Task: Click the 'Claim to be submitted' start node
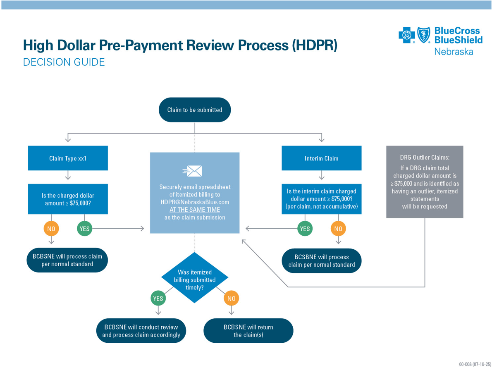tap(195, 110)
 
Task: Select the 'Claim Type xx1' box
tap(68, 158)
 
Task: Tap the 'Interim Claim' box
tap(321, 158)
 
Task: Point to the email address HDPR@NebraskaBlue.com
tap(195, 202)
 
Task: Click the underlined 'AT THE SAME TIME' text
tap(195, 210)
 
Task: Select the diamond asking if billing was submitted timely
tap(194, 277)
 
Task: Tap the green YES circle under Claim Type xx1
tap(84, 228)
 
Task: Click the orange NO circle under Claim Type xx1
tap(51, 228)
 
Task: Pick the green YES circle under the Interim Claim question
tap(305, 228)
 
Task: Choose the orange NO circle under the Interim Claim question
tap(338, 228)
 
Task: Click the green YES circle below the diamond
tap(158, 298)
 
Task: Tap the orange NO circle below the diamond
tap(231, 298)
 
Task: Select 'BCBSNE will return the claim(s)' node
tap(248, 330)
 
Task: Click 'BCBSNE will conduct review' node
tap(141, 330)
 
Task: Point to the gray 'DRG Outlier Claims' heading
tap(424, 158)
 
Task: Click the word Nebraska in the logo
tap(454, 52)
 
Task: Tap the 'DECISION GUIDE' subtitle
tap(64, 62)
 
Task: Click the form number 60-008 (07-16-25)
tap(475, 364)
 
